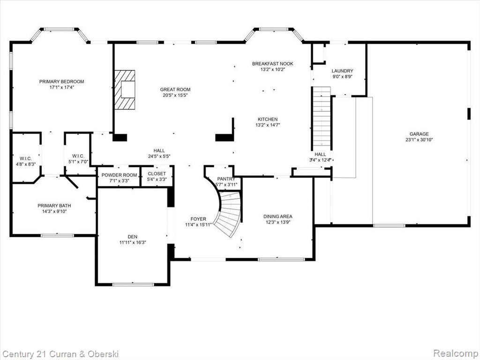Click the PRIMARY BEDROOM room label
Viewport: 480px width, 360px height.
click(x=61, y=82)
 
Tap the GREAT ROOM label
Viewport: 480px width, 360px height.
click(x=175, y=90)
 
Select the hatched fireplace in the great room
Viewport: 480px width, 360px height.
click(x=125, y=90)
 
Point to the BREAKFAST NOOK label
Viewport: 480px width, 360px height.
click(x=272, y=64)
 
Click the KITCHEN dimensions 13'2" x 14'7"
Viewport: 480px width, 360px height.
click(x=268, y=125)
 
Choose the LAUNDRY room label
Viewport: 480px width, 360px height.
click(x=342, y=71)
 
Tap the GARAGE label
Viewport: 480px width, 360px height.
click(x=419, y=134)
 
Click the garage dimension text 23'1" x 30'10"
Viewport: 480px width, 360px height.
click(x=419, y=140)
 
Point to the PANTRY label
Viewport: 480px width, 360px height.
click(x=226, y=179)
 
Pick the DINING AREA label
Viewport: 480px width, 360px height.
click(x=277, y=217)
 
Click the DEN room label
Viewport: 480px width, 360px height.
click(x=133, y=237)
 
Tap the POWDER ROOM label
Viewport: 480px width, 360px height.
click(x=119, y=175)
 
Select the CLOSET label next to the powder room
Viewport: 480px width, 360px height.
click(x=157, y=173)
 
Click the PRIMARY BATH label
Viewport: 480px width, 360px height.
click(x=54, y=206)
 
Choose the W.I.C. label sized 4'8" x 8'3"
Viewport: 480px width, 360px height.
click(x=26, y=158)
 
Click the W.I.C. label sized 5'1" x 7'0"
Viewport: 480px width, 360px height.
click(x=78, y=156)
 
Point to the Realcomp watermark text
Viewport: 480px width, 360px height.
click(x=455, y=353)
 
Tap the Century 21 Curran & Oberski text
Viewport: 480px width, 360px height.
click(x=60, y=354)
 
